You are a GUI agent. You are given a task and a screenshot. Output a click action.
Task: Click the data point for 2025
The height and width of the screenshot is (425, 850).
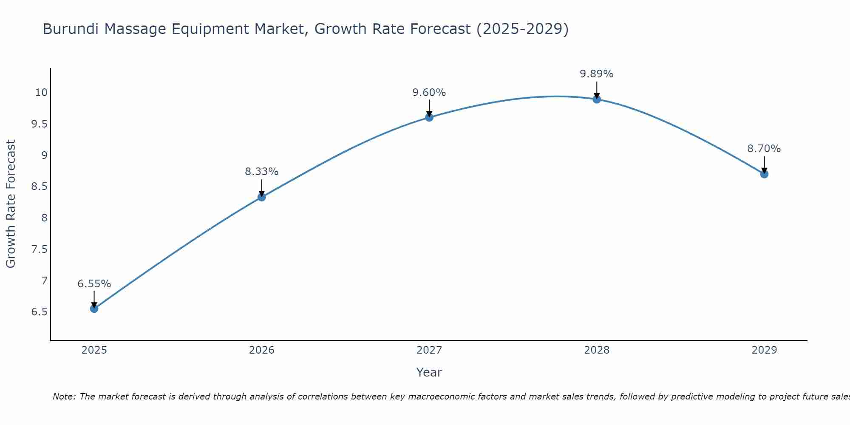94,309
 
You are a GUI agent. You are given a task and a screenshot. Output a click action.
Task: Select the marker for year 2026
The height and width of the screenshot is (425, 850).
261,197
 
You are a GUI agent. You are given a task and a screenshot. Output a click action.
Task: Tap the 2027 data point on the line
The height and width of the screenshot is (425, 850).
429,117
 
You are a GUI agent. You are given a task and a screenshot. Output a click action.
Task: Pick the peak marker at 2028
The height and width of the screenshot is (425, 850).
597,99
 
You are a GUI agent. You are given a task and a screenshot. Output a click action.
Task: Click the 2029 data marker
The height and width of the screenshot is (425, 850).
764,174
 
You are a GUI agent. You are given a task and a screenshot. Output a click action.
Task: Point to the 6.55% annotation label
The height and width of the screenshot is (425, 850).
94,284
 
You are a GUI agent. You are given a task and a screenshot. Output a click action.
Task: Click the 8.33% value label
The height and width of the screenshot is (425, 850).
261,172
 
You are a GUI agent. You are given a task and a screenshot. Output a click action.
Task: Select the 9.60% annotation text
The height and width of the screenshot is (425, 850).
429,93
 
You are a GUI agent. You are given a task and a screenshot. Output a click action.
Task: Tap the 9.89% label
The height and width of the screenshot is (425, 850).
597,74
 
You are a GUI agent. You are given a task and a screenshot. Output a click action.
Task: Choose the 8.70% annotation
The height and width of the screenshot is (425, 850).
764,149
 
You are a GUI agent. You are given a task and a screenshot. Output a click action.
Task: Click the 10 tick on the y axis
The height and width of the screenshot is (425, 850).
41,93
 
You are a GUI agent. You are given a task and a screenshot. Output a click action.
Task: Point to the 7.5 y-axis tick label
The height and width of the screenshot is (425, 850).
40,249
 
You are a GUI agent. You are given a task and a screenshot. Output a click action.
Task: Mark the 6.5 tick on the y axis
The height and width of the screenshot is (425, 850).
40,312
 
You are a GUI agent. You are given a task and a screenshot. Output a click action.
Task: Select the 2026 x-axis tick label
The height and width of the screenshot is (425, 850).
261,350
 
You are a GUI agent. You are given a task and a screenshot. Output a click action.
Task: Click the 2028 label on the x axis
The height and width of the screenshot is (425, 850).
597,350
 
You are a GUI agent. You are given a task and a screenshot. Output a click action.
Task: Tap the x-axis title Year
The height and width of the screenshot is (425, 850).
429,372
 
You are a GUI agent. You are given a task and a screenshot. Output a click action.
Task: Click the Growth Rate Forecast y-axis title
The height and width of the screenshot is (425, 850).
11,204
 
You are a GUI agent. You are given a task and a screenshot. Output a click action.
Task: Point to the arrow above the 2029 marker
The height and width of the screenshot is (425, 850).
764,164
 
